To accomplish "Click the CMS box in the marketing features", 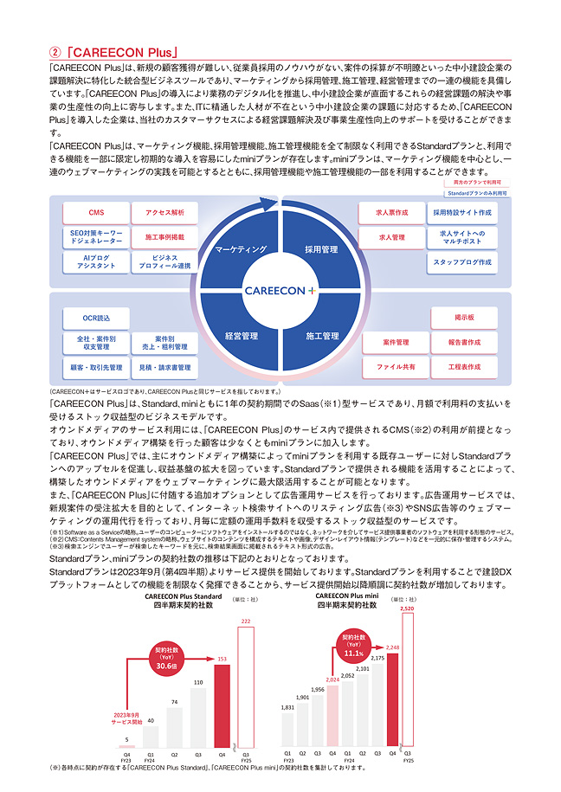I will pos(96,213).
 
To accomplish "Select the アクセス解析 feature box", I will pos(165,213).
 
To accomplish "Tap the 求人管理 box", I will pos(391,236).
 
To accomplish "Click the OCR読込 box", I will pos(96,319).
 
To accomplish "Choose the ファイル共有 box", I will pos(395,367).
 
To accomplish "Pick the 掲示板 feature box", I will pos(464,319).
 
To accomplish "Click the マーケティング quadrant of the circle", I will pos(240,249).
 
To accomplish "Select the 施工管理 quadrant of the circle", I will pos(321,335).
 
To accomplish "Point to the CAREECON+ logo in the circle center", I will pos(280,291).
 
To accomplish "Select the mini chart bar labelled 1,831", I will pos(287,730).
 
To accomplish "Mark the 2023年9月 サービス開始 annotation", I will pos(128,718).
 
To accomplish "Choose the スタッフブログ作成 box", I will pos(464,261).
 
